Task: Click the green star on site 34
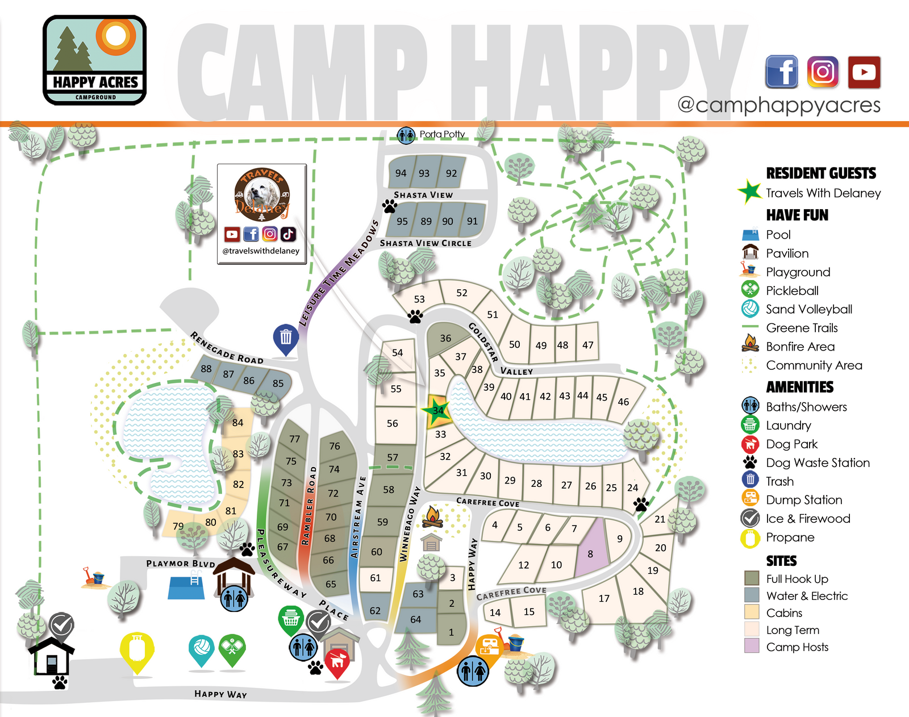(x=436, y=411)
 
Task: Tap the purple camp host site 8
(x=591, y=551)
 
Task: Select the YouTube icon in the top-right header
(x=864, y=72)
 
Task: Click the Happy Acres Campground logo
(x=95, y=60)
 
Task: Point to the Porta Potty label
(x=442, y=135)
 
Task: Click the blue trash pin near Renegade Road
(x=286, y=339)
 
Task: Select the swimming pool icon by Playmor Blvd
(x=186, y=587)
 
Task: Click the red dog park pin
(x=337, y=662)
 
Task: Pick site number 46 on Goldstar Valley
(x=623, y=401)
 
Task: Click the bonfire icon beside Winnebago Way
(x=432, y=516)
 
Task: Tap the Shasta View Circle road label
(x=426, y=243)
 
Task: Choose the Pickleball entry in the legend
(x=792, y=290)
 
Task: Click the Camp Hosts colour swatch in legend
(x=752, y=646)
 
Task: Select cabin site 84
(x=237, y=423)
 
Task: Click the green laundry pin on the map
(x=291, y=619)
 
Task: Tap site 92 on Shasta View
(x=452, y=173)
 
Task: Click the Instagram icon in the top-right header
(x=823, y=72)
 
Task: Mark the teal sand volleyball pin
(x=201, y=649)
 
